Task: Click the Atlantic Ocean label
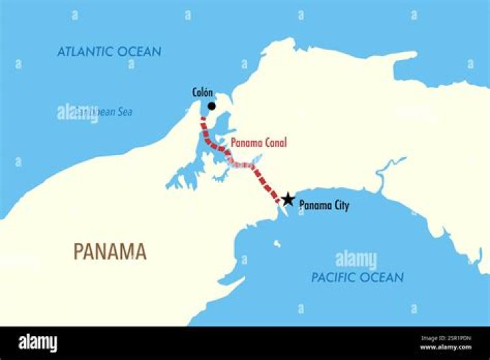[109, 52]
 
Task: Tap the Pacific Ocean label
[357, 277]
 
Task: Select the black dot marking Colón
[212, 106]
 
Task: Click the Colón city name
[202, 93]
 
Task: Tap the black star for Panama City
[289, 199]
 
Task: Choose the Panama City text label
[324, 205]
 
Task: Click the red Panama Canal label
[259, 143]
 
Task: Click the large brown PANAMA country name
[110, 252]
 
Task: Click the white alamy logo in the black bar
[37, 342]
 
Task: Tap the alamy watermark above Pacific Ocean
[356, 260]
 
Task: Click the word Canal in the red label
[276, 143]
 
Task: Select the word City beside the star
[338, 205]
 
